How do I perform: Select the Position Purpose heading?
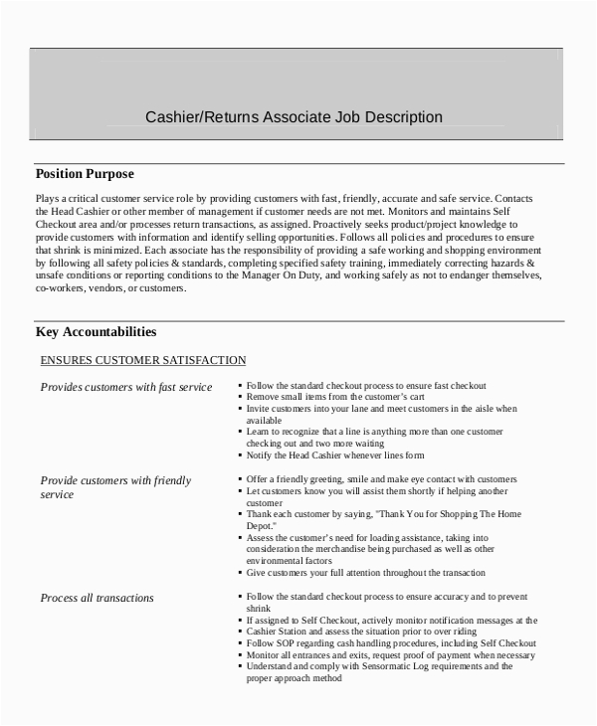(x=85, y=174)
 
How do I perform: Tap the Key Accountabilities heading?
(x=96, y=331)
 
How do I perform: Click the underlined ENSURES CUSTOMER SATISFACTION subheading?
(x=142, y=360)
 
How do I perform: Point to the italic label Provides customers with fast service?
(x=125, y=387)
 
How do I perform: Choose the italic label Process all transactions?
(x=97, y=598)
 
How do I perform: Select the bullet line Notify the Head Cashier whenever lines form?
(x=336, y=455)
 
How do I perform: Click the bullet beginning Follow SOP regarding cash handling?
(x=391, y=643)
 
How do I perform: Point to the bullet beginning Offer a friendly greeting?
(x=381, y=479)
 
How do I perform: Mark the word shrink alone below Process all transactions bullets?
(x=259, y=608)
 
